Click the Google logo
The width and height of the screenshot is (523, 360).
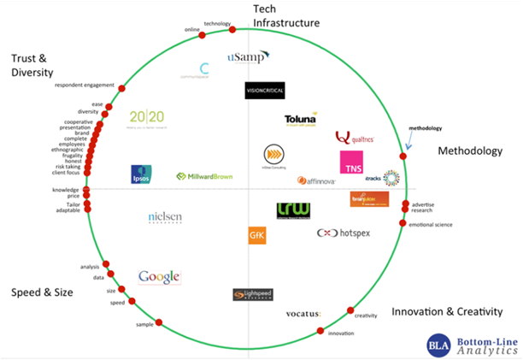[x=160, y=276]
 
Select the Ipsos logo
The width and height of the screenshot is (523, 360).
[x=142, y=174]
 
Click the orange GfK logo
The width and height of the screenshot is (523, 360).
[x=256, y=234]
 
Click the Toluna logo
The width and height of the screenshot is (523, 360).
[x=302, y=121]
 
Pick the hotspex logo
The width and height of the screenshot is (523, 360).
[x=344, y=233]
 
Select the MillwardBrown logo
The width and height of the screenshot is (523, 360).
[x=206, y=177]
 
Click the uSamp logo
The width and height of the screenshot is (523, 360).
[x=249, y=56]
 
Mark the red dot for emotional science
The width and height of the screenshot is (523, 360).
[x=402, y=223]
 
